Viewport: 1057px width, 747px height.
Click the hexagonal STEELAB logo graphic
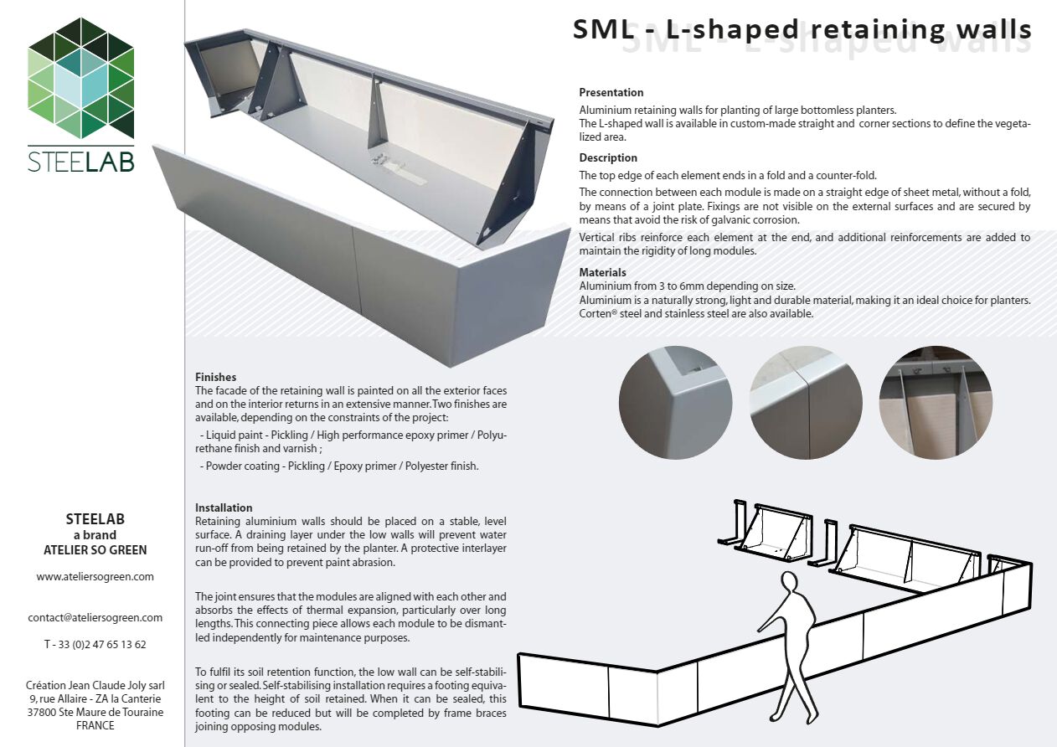80,77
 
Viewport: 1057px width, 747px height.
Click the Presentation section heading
611,93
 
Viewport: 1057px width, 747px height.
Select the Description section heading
608,158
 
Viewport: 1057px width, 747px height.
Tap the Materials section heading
602,273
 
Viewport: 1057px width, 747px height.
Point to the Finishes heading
215,378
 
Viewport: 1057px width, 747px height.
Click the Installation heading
224,508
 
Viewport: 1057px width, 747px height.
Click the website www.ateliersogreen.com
95,577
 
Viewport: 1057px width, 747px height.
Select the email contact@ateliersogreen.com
95,618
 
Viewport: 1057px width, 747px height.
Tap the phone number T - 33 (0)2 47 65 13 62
95,645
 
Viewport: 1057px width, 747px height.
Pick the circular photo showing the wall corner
675,402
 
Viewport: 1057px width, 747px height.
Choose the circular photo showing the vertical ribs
936,402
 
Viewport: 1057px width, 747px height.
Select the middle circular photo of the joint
806,402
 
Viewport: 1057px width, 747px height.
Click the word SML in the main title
601,29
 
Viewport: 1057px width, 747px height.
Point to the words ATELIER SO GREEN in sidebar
95,550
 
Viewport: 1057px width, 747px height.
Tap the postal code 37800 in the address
43,713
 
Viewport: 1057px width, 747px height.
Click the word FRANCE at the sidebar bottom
95,726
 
